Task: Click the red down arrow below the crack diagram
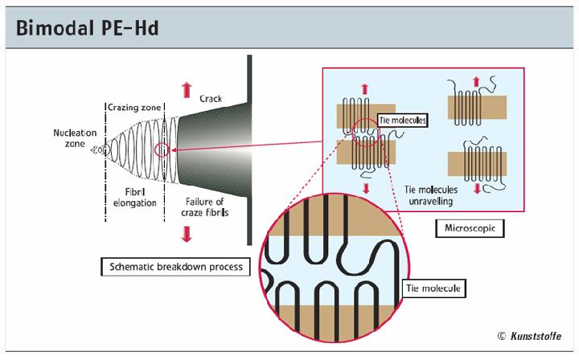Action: [187, 234]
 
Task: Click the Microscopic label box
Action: [474, 229]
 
